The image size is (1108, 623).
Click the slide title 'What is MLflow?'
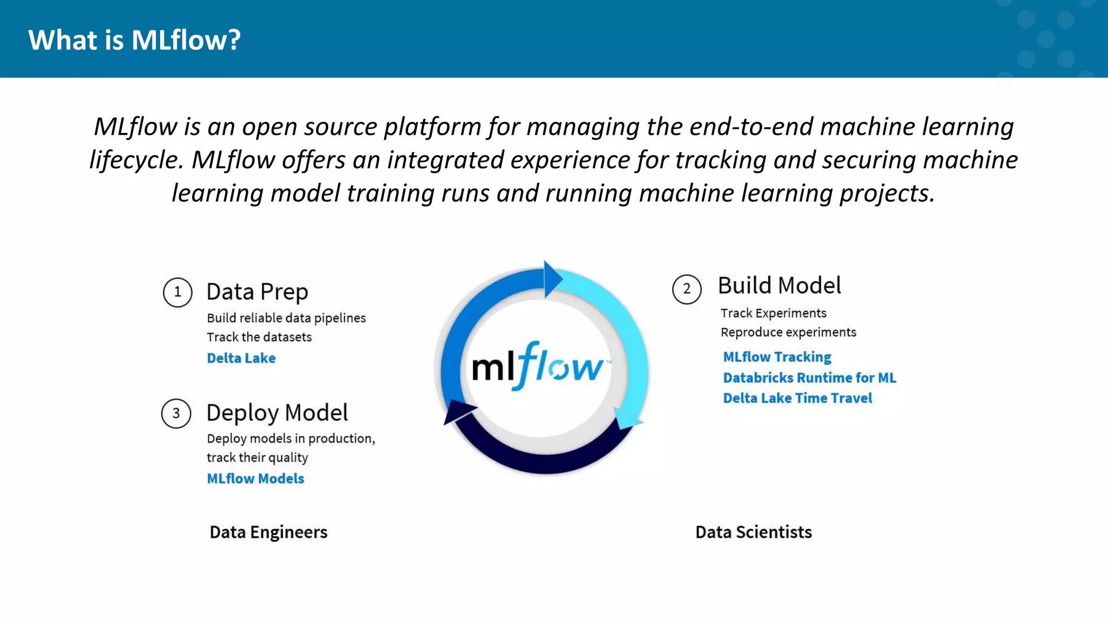click(134, 40)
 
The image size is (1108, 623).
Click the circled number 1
click(177, 293)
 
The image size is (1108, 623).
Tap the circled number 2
click(687, 289)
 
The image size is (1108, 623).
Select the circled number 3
click(176, 414)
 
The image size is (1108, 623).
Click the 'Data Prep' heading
click(257, 292)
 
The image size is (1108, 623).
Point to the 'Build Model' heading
click(779, 286)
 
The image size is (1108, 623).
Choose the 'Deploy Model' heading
click(277, 413)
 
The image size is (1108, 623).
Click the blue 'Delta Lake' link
click(241, 358)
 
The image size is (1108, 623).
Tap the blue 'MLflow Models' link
click(255, 479)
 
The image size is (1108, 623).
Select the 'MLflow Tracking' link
click(777, 357)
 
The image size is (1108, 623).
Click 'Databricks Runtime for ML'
click(809, 377)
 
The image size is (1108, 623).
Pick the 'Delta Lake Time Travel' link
click(797, 398)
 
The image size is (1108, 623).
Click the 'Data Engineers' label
click(268, 532)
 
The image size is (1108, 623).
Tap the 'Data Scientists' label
click(753, 532)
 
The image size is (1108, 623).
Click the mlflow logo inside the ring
click(539, 367)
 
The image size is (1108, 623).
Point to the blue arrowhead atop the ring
click(552, 279)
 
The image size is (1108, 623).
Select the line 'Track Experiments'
click(773, 313)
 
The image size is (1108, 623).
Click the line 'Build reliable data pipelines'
click(286, 318)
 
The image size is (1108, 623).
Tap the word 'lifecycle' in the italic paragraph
click(133, 160)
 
